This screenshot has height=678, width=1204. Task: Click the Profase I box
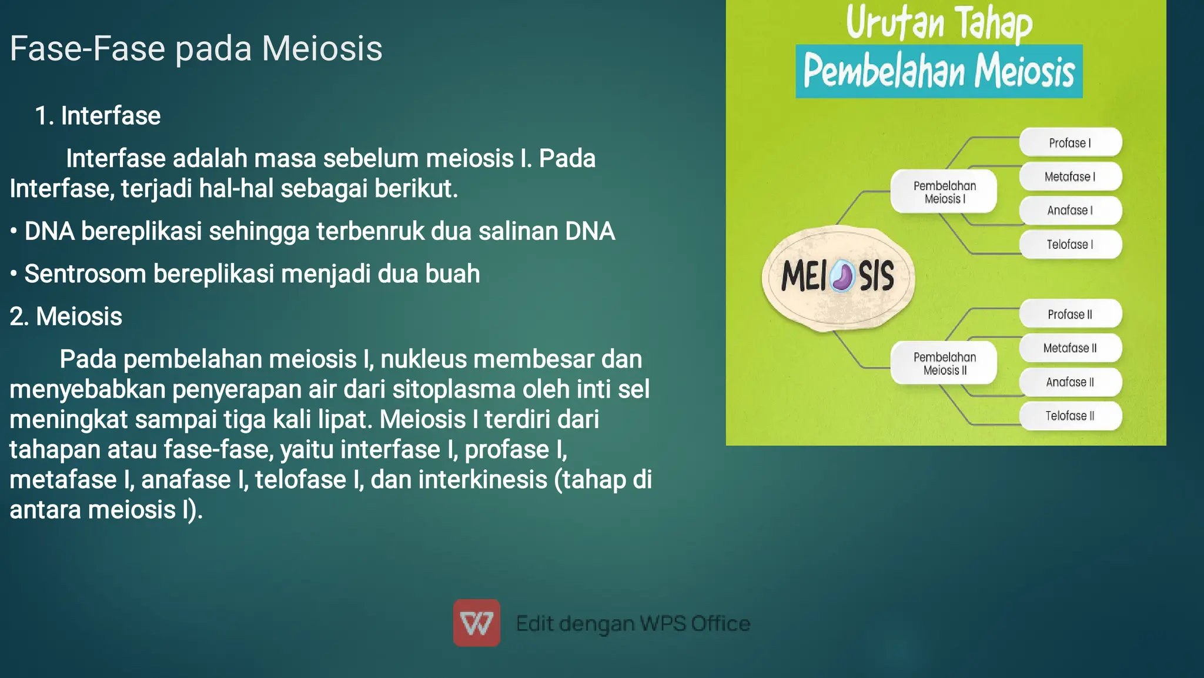(1070, 143)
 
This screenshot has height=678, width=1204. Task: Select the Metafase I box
(1070, 176)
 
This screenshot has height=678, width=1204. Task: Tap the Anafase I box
(1070, 211)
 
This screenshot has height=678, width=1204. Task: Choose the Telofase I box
(1070, 245)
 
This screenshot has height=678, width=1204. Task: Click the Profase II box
(1070, 315)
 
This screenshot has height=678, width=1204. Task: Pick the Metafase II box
(1070, 348)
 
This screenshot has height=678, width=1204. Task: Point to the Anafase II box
(1070, 382)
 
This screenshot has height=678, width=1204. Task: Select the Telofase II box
(1070, 416)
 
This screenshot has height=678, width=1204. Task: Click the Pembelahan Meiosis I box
(944, 192)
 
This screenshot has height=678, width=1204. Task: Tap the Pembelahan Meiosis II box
(944, 363)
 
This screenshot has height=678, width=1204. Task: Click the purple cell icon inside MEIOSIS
(844, 276)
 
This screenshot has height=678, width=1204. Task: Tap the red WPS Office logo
(476, 623)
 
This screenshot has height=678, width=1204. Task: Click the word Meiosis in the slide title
(322, 48)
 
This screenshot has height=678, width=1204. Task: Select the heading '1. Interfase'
(98, 116)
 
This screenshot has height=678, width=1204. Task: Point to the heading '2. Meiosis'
(66, 316)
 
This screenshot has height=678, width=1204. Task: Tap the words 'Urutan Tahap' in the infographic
(939, 24)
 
